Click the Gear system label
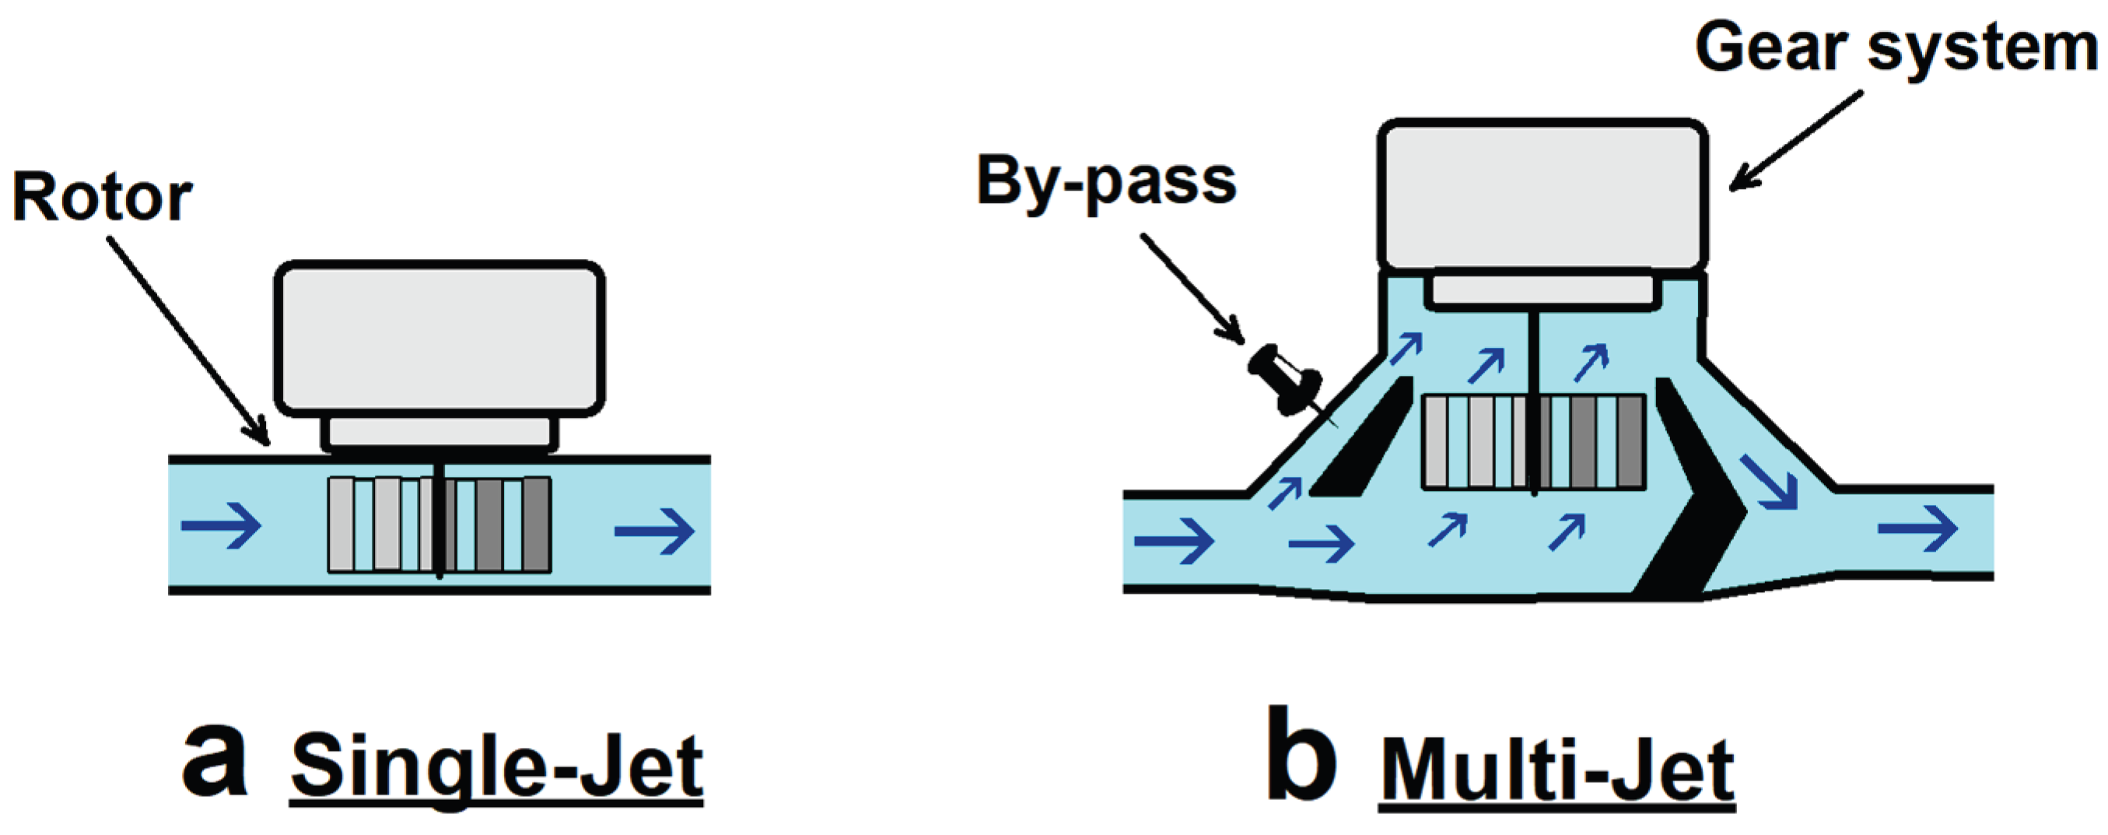coord(1895,47)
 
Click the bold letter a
coord(214,760)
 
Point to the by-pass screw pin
coord(1285,381)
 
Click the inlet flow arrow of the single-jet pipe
coord(221,525)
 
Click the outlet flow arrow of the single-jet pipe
coord(654,532)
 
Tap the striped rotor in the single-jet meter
coord(439,524)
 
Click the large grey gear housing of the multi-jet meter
coord(1542,195)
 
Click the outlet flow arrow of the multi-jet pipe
coord(1917,529)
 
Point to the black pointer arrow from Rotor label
coord(188,341)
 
